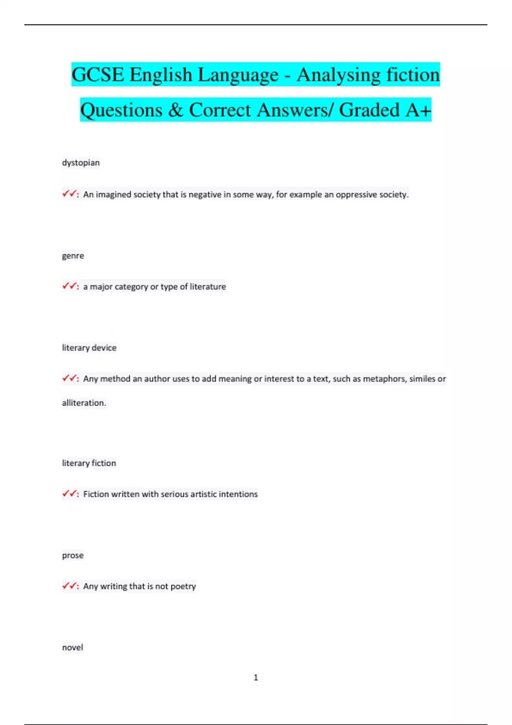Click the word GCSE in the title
point(98,75)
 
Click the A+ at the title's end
point(418,110)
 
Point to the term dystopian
point(81,162)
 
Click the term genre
point(73,256)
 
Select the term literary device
point(89,348)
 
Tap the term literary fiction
point(89,463)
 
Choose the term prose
point(73,555)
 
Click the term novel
point(73,647)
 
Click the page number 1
point(256,677)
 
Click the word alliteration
point(84,403)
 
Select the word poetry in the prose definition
point(183,586)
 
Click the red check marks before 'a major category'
point(70,286)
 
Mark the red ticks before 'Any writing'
point(70,586)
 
